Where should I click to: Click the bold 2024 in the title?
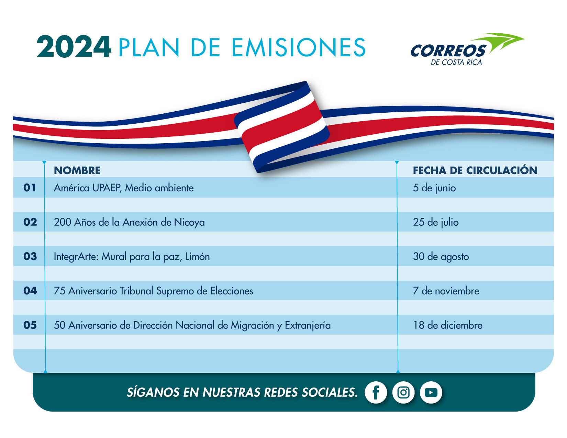(74, 47)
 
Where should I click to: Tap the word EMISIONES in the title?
(299, 47)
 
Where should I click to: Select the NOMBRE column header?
(77, 170)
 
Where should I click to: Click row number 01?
(30, 188)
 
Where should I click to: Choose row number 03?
(30, 256)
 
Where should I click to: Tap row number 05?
(30, 325)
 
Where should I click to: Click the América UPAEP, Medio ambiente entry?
(124, 188)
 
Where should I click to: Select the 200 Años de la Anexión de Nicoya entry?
(129, 222)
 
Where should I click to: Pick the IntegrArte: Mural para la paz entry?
(132, 257)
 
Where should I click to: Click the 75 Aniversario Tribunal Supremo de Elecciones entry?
(153, 291)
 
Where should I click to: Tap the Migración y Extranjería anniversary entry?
(192, 325)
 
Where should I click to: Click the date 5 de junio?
(434, 188)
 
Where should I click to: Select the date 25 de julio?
(436, 222)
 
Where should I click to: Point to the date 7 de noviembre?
(446, 291)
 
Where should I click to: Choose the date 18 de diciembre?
(448, 325)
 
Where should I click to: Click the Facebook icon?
(376, 392)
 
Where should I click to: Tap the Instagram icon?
(403, 392)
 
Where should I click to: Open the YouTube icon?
(431, 392)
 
